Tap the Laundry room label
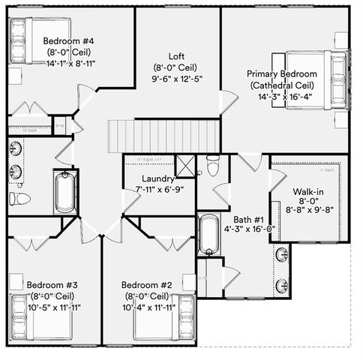click(x=157, y=178)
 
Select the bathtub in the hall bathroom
click(x=66, y=190)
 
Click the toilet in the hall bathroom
click(x=20, y=199)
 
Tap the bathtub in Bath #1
click(x=208, y=234)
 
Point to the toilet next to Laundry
click(x=212, y=166)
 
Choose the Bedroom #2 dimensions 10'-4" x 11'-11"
click(x=148, y=307)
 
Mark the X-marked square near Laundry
click(x=185, y=165)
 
